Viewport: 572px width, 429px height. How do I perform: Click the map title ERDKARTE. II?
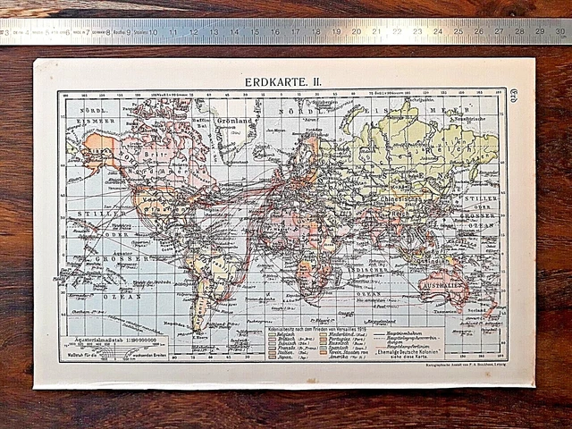[284, 81]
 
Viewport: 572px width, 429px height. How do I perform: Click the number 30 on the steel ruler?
[560, 31]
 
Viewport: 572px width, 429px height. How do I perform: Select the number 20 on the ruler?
[356, 31]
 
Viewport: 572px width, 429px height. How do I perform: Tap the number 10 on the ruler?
[153, 31]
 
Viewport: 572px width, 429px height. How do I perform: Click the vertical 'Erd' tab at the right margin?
[514, 95]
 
